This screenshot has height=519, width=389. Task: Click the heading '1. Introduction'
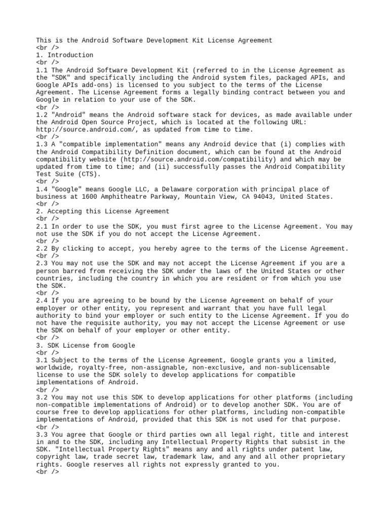tap(65, 55)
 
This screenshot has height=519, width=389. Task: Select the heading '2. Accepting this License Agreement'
tap(103, 211)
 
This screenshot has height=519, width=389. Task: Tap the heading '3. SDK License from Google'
tap(86, 345)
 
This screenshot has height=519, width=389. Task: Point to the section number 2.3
tap(42, 264)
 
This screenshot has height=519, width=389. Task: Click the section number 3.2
tap(42, 397)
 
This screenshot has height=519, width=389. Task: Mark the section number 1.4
tap(42, 189)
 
